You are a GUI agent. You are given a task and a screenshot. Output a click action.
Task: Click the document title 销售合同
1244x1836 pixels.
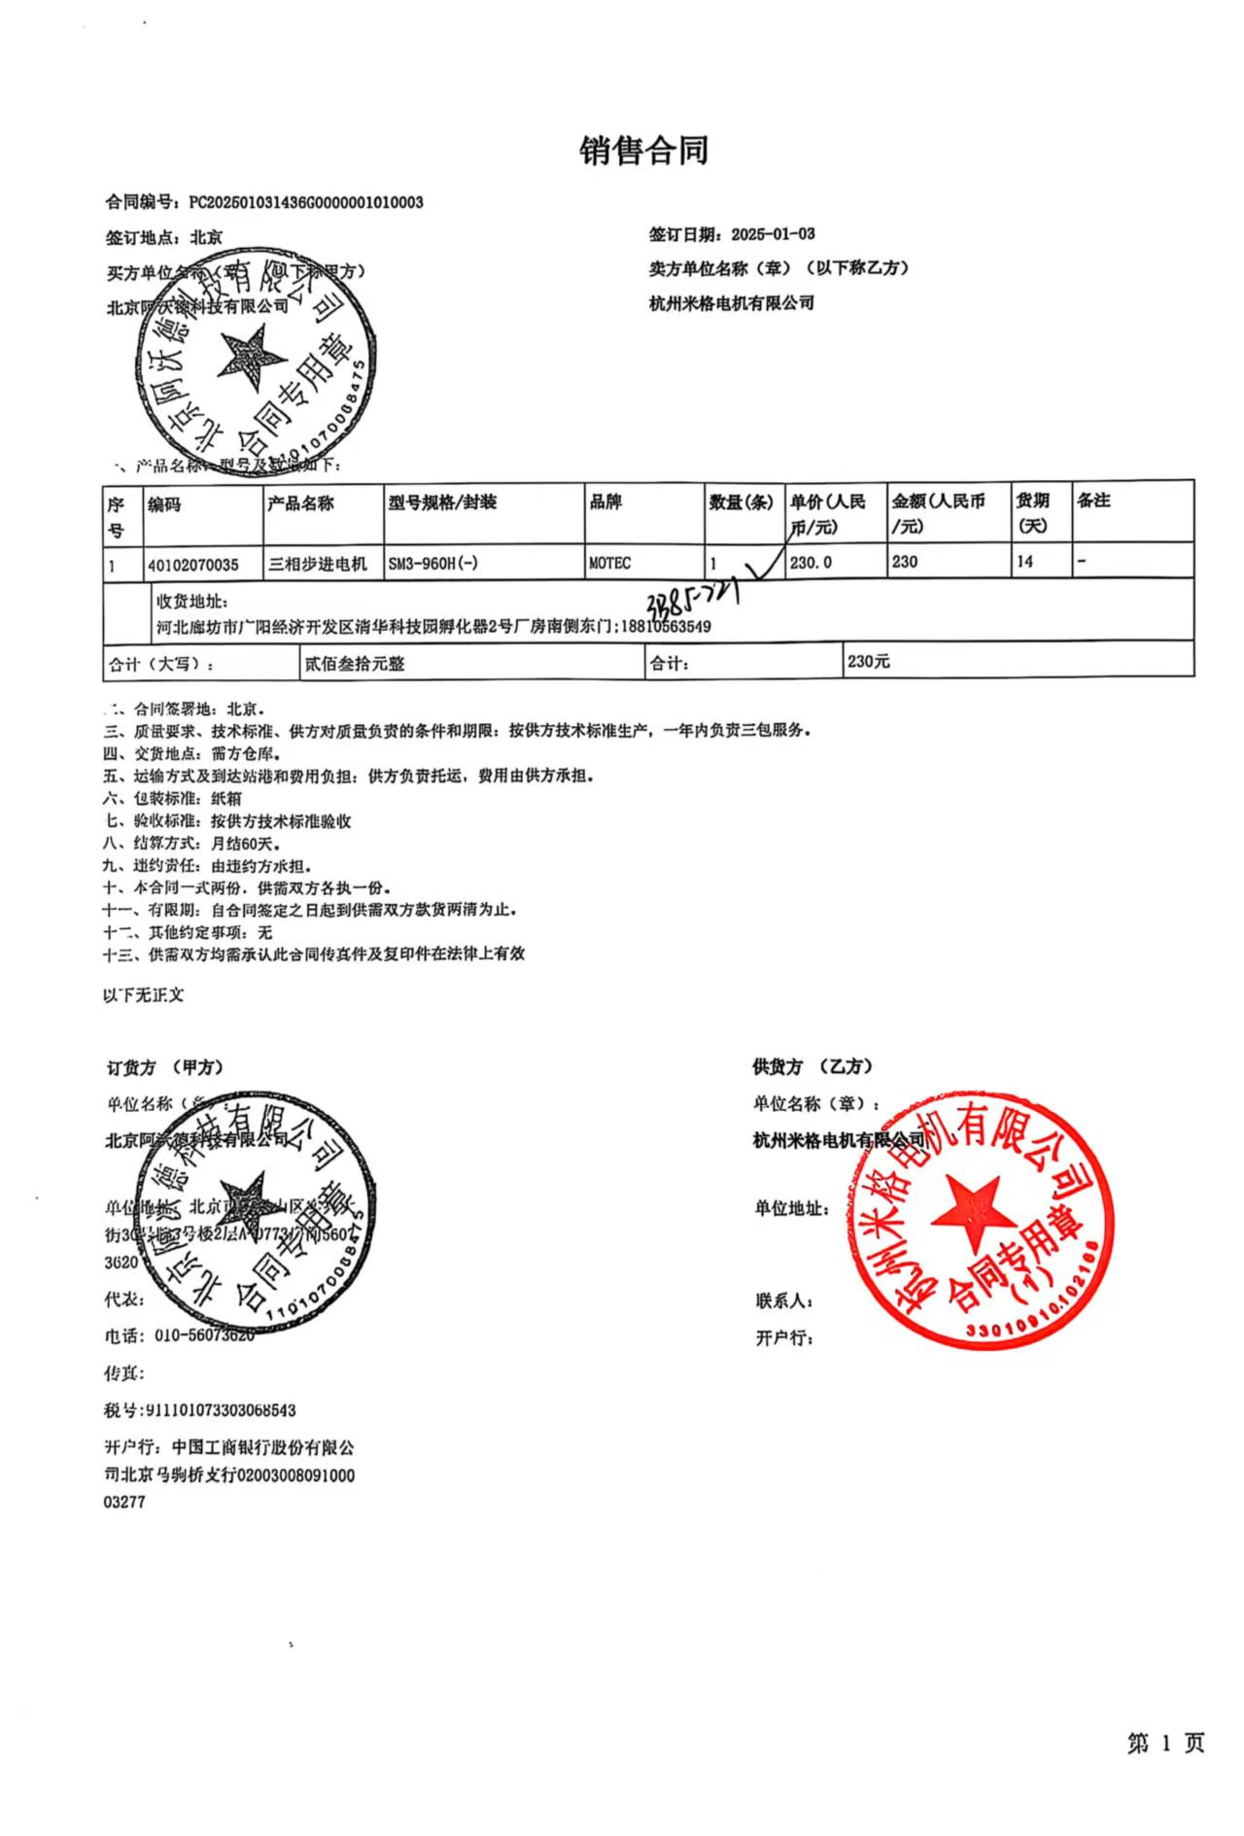pos(644,151)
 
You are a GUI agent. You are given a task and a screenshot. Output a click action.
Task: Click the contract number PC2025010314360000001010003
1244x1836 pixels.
pos(306,202)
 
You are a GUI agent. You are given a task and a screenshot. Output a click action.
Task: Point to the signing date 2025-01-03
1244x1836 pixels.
pos(773,233)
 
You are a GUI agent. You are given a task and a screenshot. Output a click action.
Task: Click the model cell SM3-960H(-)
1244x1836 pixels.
pos(432,563)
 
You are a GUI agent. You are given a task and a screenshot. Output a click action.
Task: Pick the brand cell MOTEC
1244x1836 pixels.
pos(610,563)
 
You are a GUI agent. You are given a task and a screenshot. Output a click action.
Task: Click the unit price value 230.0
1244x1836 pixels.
pos(811,562)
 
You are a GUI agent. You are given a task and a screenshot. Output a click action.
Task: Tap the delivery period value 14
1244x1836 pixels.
pos(1024,562)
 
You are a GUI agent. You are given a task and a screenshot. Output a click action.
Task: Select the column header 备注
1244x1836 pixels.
pos(1093,501)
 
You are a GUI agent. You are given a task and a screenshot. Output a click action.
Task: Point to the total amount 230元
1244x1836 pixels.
pos(868,661)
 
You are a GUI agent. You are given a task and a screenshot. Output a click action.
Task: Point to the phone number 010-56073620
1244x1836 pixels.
pos(204,1335)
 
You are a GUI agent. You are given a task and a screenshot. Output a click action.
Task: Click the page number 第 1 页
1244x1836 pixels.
pos(1165,1744)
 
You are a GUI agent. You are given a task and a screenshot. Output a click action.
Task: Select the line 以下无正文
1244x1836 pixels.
pos(144,995)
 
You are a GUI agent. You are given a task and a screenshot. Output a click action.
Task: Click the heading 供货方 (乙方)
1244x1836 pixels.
pos(812,1066)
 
